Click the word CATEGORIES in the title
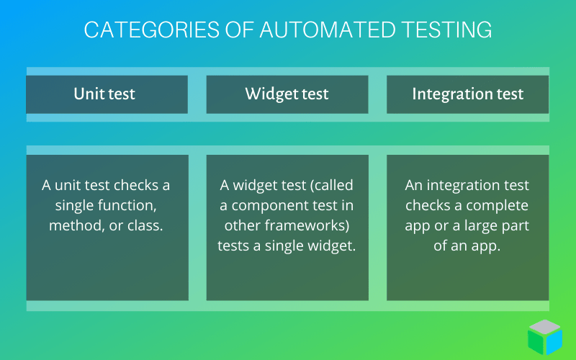coord(152,30)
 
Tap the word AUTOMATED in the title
coord(328,30)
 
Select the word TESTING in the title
coord(446,30)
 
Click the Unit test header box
coord(107,94)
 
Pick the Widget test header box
coord(287,94)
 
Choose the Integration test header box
coord(467,94)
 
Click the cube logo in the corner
coord(545,337)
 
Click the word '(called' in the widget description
coord(332,186)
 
